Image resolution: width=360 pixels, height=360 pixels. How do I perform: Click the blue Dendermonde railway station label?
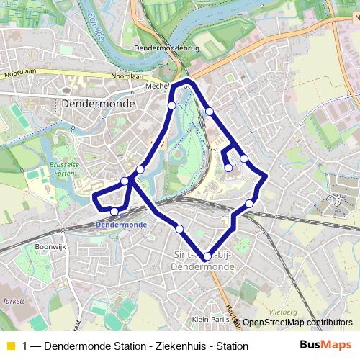[121, 225]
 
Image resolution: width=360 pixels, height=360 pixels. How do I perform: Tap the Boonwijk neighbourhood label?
[50, 246]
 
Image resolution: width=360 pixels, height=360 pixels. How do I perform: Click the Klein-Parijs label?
[210, 318]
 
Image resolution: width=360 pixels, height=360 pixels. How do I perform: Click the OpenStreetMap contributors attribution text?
[297, 323]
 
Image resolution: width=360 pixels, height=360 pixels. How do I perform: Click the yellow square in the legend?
[10, 346]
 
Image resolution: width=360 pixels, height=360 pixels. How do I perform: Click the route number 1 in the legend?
[26, 346]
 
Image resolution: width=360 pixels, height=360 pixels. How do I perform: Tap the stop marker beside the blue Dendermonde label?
[114, 211]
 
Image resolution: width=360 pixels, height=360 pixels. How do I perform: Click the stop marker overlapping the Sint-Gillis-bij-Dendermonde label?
[207, 256]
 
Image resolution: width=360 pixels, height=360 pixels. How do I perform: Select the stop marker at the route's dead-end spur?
[228, 168]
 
